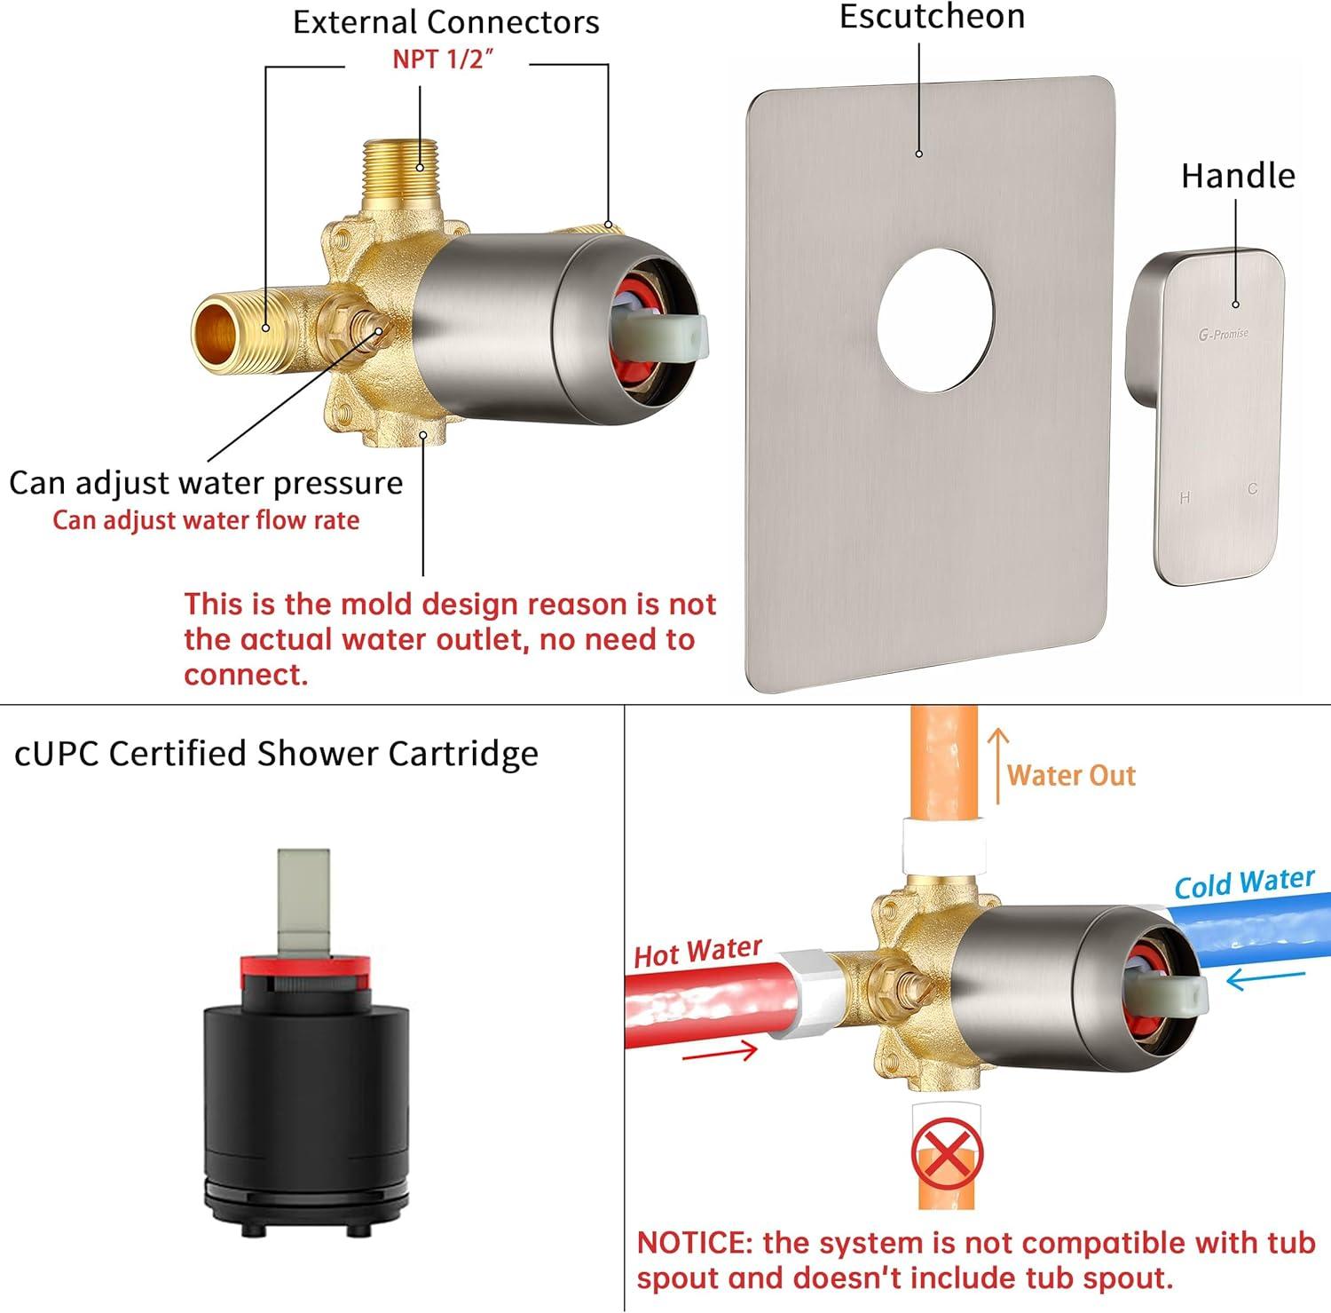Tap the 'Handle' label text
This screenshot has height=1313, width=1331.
point(1238,176)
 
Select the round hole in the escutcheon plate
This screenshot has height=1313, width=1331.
point(936,319)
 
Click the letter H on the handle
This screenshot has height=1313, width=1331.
point(1185,498)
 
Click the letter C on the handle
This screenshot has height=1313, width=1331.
point(1253,489)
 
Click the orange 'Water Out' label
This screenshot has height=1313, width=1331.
point(1071,775)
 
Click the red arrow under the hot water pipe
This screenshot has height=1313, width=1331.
point(720,1053)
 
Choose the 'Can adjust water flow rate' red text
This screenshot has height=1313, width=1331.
point(206,519)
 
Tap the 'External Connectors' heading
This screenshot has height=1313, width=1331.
point(446,22)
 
